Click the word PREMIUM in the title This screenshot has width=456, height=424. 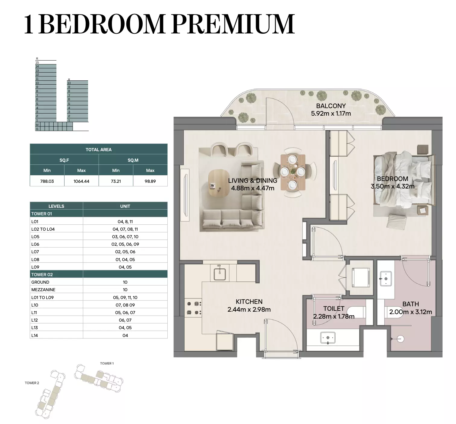coord(233,24)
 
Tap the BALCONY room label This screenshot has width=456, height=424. coord(331,106)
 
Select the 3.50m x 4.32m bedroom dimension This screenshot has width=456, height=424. coord(393,186)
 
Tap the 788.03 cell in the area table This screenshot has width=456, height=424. coord(47,181)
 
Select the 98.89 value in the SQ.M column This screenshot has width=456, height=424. coord(150,181)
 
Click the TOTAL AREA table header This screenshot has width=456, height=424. coord(99,149)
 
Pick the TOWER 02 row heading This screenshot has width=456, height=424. coord(42,275)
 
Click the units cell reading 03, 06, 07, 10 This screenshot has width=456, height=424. coord(125,237)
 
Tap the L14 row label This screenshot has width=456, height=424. coord(34,335)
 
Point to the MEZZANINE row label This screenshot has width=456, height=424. coord(43,290)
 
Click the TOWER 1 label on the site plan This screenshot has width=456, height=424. coord(107,363)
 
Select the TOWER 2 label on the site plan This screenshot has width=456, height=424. coord(32,383)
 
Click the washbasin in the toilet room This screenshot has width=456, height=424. coord(328,338)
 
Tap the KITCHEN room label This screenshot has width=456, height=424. coord(249,301)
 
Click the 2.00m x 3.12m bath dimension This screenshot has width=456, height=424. coord(410,312)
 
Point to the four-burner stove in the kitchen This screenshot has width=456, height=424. coord(194,308)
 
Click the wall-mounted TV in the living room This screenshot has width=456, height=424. coord(185,195)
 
